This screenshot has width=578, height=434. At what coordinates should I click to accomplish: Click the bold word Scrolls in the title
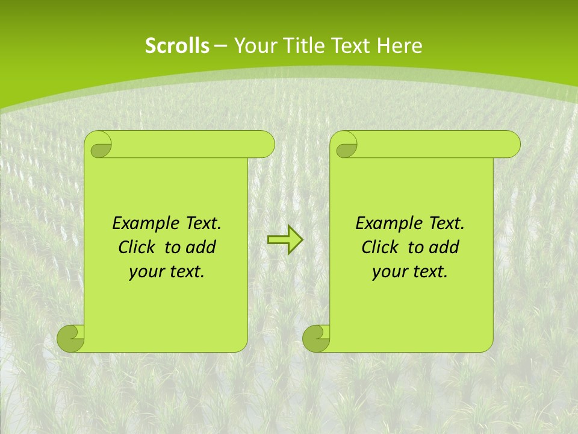177,46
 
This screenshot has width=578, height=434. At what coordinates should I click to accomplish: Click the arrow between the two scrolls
285,240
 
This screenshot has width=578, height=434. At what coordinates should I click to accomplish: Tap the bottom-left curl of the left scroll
71,338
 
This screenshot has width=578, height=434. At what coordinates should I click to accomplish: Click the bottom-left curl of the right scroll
317,338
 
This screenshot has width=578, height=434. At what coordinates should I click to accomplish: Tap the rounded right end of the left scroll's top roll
265,144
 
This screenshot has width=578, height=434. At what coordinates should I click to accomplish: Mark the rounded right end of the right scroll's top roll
511,144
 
